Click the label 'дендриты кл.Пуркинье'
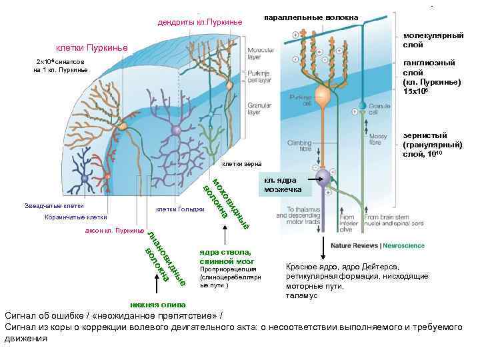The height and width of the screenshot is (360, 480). click(x=199, y=23)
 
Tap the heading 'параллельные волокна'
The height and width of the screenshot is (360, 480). click(x=311, y=17)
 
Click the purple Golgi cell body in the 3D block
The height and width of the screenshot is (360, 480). click(x=176, y=131)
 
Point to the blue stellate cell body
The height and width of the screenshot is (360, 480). click(x=85, y=179)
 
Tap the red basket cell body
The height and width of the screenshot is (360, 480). click(x=107, y=175)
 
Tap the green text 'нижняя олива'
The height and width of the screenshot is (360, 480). click(x=153, y=304)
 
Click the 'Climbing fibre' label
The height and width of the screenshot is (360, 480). click(x=299, y=145)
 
